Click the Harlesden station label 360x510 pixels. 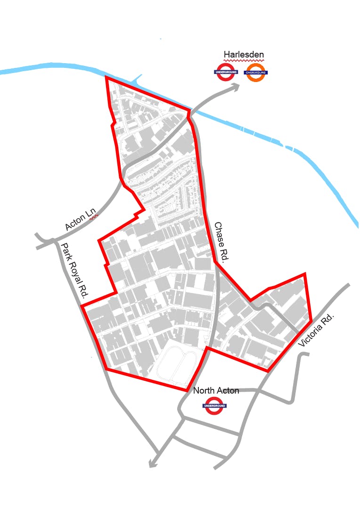(243, 55)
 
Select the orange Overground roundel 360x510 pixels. (256, 72)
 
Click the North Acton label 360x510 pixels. (216, 391)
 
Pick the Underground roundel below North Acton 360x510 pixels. (214, 405)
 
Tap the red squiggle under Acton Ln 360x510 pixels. (94, 216)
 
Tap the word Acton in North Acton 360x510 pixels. (228, 391)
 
